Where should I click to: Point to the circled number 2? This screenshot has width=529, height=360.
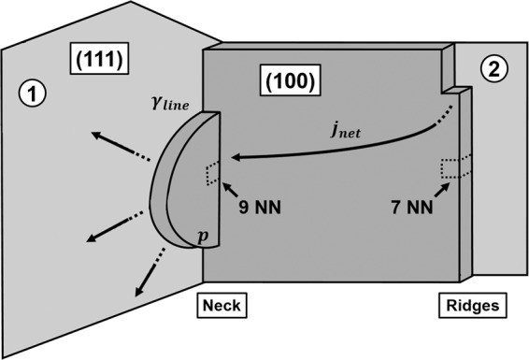point(494,66)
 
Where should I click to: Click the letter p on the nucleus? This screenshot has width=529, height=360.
point(203,238)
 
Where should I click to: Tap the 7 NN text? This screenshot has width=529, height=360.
point(412,209)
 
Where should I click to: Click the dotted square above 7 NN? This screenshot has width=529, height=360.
point(451,170)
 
